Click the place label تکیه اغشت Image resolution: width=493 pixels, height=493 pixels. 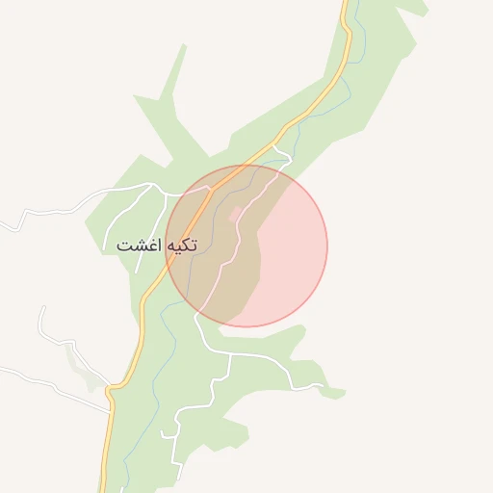click(156, 245)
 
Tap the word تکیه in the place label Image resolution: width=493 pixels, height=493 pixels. click(181, 245)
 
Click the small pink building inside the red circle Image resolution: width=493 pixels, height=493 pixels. click(237, 212)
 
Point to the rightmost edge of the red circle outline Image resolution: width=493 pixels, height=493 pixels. click(327, 246)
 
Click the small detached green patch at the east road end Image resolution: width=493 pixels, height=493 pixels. click(333, 393)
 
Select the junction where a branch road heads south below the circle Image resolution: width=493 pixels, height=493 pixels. click(228, 354)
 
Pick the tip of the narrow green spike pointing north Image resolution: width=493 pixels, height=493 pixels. click(183, 44)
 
